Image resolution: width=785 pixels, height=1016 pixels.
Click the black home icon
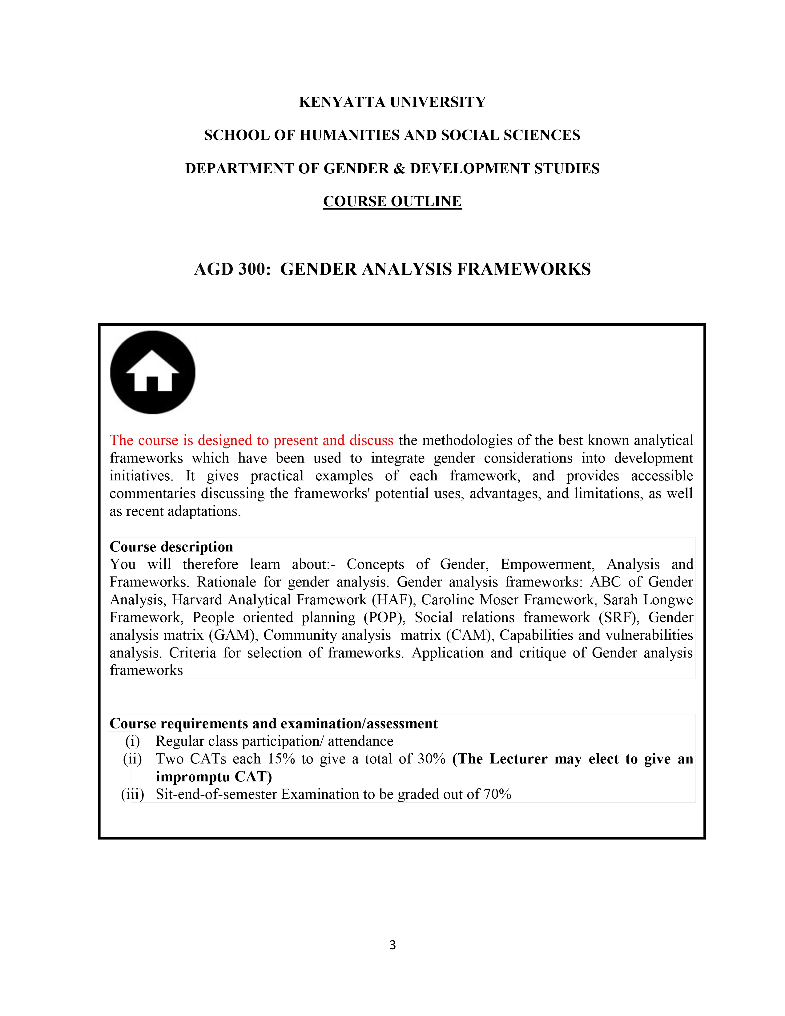tap(152, 372)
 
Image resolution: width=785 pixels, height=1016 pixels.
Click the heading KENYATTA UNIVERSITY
tap(392, 102)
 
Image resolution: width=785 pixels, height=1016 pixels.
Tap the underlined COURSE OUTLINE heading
tap(392, 201)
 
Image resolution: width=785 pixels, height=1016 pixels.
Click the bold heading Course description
tap(171, 546)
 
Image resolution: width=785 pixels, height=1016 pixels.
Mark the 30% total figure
tap(432, 759)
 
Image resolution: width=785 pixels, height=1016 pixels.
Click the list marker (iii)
tap(133, 794)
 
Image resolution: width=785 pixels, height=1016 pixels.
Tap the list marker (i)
tap(133, 741)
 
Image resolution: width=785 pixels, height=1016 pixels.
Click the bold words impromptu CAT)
tap(214, 776)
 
